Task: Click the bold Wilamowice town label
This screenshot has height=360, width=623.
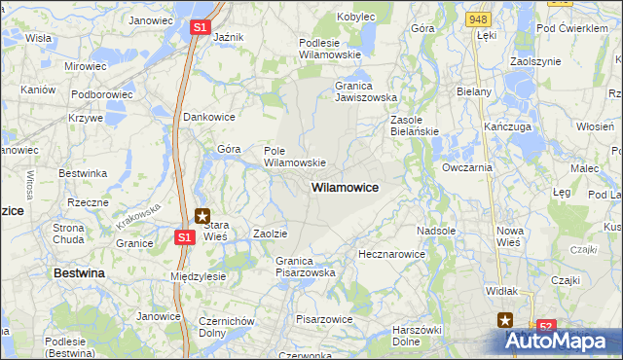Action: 345,186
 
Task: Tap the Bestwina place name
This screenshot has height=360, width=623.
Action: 79,273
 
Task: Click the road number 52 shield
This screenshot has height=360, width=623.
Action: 546,327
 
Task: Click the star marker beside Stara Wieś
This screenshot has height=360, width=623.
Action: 202,216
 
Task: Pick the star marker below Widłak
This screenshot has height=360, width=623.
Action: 505,319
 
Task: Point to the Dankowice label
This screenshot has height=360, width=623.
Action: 210,117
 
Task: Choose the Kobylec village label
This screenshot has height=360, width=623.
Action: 356,18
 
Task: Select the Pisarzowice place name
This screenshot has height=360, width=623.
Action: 324,319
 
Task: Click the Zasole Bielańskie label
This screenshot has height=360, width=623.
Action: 415,126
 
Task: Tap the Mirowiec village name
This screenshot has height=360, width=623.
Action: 85,66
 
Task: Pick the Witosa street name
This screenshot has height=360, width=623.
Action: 30,185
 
